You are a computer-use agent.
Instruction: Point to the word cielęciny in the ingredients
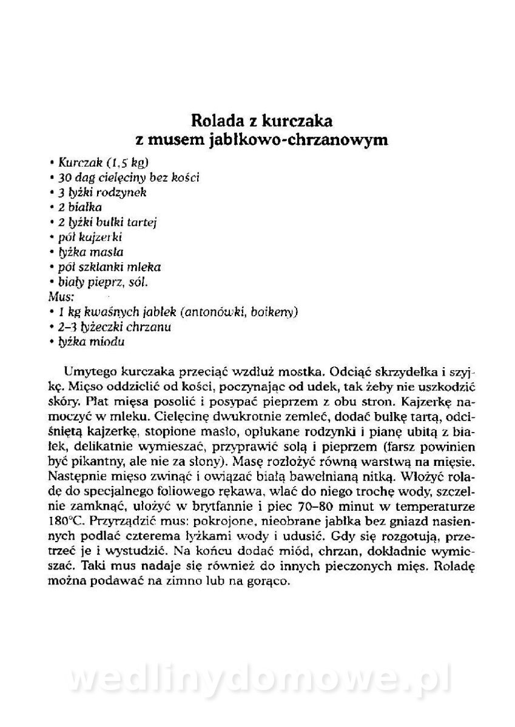(x=123, y=178)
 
